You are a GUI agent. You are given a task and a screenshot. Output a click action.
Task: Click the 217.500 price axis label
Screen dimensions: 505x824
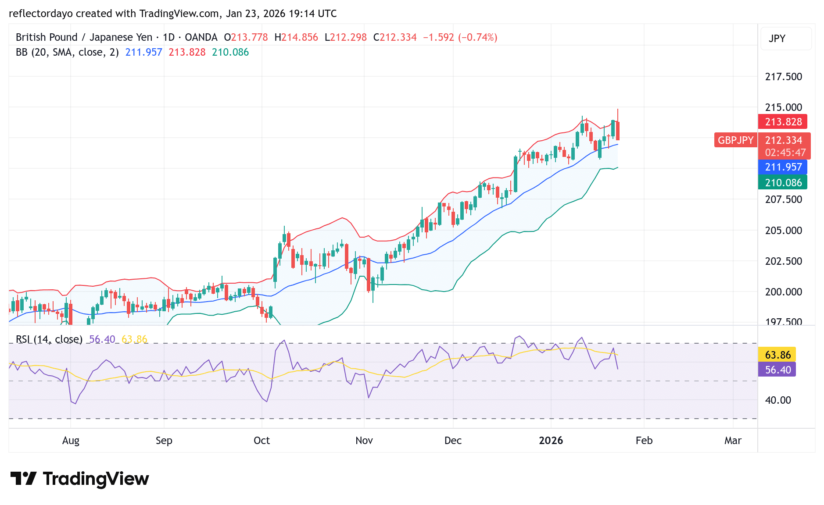pyautogui.click(x=783, y=77)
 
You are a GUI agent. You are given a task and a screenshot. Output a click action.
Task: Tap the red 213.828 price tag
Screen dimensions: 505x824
pyautogui.click(x=783, y=122)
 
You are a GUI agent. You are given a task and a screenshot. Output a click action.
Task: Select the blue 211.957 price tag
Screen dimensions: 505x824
pyautogui.click(x=783, y=167)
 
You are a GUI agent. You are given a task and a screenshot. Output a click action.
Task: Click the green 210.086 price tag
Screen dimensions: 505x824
pyautogui.click(x=783, y=183)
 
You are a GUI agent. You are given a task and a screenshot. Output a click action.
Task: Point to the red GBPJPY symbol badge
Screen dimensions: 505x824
pyautogui.click(x=735, y=140)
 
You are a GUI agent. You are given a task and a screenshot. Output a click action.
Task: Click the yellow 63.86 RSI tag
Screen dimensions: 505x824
pyautogui.click(x=777, y=355)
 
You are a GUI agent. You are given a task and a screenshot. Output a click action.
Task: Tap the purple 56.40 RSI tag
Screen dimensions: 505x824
pyautogui.click(x=777, y=370)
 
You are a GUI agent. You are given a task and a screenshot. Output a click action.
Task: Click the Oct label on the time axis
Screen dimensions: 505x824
pyautogui.click(x=262, y=441)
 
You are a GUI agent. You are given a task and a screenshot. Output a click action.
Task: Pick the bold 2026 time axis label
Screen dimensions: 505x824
pyautogui.click(x=551, y=441)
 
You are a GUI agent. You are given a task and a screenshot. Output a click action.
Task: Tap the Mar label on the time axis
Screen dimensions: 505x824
pyautogui.click(x=733, y=441)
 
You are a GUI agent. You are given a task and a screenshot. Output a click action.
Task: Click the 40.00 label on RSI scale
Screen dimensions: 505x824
pyautogui.click(x=777, y=400)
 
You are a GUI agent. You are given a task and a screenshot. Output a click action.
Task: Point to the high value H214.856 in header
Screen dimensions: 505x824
pyautogui.click(x=296, y=37)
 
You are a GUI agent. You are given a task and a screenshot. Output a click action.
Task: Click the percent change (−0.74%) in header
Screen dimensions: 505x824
pyautogui.click(x=477, y=37)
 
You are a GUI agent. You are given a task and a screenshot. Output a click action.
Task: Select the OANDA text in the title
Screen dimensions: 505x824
pyautogui.click(x=201, y=37)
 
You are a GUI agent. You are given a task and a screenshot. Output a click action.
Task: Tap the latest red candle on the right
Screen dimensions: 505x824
pyautogui.click(x=618, y=131)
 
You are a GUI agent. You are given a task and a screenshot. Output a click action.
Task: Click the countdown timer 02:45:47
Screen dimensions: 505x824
pyautogui.click(x=785, y=153)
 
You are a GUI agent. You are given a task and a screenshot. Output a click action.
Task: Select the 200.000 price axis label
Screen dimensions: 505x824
pyautogui.click(x=783, y=292)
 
